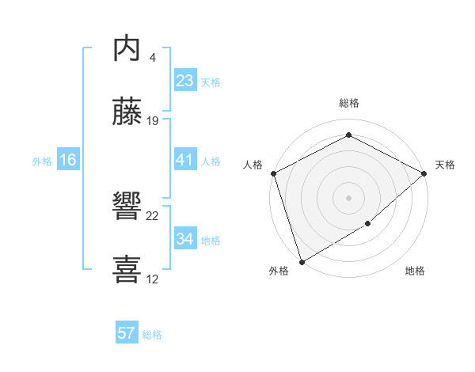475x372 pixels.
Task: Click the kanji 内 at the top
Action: tap(127, 48)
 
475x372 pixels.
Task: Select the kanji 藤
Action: tap(127, 112)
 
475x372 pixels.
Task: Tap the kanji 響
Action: tap(127, 207)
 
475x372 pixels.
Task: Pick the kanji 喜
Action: tap(127, 270)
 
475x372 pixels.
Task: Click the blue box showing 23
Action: tap(184, 81)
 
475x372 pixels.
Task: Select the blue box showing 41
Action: tap(184, 160)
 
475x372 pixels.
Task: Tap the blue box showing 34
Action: tap(184, 239)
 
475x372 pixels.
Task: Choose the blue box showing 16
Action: tap(68, 160)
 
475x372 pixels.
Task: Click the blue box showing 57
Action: tap(127, 333)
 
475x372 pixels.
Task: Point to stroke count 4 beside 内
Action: tap(152, 57)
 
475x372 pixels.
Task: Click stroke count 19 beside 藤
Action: tap(153, 121)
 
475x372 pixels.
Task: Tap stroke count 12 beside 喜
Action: tap(153, 279)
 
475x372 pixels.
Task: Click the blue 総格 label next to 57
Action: tap(152, 335)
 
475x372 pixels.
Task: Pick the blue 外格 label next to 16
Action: tap(42, 161)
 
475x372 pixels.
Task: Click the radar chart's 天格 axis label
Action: tap(445, 165)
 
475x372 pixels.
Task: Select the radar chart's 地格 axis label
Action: tap(415, 271)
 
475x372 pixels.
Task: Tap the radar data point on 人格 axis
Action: tap(273, 173)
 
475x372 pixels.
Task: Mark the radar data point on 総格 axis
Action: tap(348, 135)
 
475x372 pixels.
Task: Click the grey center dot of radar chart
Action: tap(348, 197)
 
